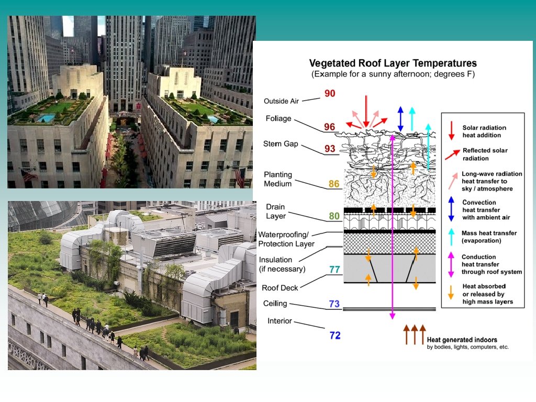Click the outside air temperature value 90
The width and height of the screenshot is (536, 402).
point(330,94)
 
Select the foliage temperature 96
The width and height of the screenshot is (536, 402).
point(329,127)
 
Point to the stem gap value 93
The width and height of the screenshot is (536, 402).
point(330,149)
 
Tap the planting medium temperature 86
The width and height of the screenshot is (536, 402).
point(334,184)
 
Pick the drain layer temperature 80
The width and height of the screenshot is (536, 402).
point(334,216)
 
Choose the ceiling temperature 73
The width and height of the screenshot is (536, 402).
point(334,304)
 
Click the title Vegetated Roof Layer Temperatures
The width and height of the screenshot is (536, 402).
point(393,64)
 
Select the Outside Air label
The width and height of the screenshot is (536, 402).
point(281,101)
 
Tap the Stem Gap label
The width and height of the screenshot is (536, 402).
point(280,144)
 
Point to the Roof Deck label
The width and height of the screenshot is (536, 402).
point(280,288)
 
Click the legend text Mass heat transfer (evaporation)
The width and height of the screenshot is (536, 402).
point(489,237)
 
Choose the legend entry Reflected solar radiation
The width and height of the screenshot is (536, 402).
point(485,154)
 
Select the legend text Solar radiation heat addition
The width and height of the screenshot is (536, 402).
point(484,131)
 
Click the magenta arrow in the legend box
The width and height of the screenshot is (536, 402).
point(451,265)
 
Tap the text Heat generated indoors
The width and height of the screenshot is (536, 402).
point(462,340)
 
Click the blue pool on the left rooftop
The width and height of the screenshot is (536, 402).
point(47,118)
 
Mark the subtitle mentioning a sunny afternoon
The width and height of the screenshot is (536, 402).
point(393,74)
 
